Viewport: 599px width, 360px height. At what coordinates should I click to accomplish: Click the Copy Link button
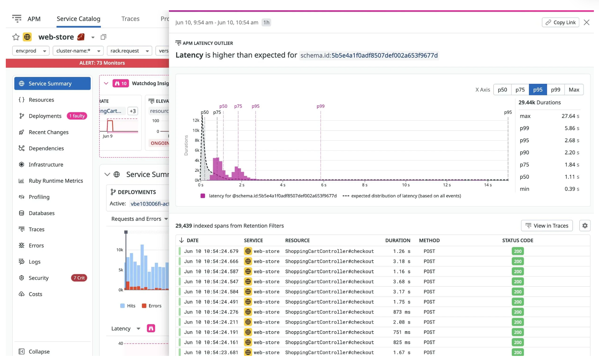(560, 22)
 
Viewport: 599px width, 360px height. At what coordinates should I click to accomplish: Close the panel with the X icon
(586, 22)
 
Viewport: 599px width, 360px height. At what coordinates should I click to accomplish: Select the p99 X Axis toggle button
(555, 90)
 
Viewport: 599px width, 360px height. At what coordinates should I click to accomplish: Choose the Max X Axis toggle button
(574, 90)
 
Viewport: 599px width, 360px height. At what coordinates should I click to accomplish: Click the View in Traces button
(547, 226)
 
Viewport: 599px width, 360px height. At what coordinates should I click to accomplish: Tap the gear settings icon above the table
(585, 226)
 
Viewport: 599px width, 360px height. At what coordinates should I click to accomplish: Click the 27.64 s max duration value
(570, 116)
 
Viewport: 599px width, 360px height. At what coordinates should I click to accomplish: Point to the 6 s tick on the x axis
(324, 185)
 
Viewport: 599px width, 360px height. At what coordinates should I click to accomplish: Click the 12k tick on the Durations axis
(196, 120)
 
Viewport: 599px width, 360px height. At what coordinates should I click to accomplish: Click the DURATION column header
(398, 240)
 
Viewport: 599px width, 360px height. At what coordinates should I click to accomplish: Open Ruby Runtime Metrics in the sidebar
(56, 181)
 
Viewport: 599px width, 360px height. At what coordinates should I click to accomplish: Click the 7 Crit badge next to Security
(79, 278)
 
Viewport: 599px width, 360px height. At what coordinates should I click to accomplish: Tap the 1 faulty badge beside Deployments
(77, 116)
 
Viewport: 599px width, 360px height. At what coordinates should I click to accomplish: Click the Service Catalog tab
(78, 19)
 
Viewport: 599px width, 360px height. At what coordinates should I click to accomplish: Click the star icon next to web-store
(16, 37)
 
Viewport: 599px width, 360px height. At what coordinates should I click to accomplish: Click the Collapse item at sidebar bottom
(39, 351)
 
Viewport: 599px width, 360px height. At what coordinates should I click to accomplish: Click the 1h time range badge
(266, 22)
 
